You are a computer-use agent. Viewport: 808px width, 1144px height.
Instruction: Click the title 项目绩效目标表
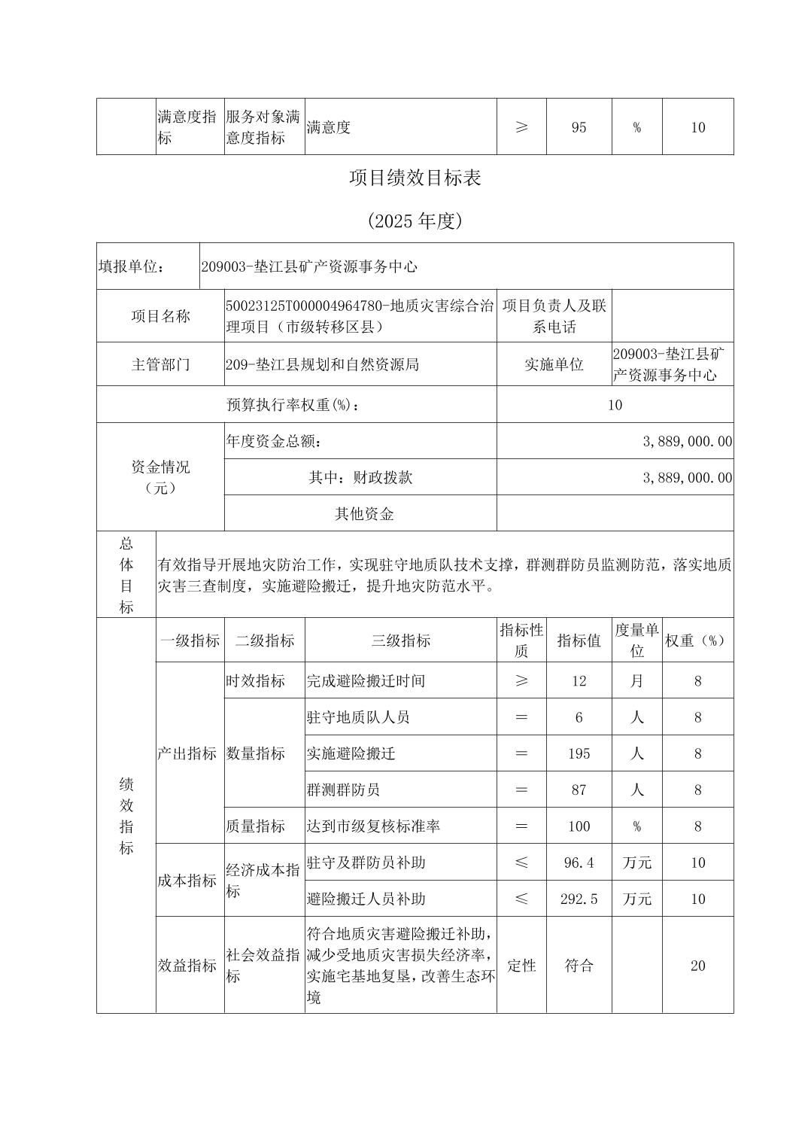click(x=415, y=178)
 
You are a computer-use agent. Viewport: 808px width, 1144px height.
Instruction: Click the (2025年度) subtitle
click(x=415, y=221)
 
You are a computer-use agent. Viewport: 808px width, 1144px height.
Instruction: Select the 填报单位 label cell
click(x=132, y=266)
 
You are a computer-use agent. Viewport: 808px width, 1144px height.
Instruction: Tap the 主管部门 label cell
click(x=160, y=365)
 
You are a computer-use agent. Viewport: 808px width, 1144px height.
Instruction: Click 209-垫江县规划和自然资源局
click(x=322, y=365)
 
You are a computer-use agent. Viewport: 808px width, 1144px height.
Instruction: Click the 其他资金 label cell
click(x=364, y=514)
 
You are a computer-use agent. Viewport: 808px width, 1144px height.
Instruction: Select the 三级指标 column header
click(x=400, y=640)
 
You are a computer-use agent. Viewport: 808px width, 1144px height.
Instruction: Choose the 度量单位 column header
click(x=636, y=640)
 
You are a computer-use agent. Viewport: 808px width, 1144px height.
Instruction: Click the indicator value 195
click(x=579, y=753)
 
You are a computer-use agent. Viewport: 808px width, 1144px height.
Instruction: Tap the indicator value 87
click(x=579, y=790)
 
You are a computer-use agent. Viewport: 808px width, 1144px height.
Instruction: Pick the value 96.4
click(x=579, y=863)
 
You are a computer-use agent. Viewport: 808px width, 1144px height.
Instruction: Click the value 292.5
click(x=579, y=899)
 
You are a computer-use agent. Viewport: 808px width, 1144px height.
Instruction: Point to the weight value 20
click(x=697, y=966)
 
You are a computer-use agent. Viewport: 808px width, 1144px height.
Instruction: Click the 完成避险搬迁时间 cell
click(x=366, y=681)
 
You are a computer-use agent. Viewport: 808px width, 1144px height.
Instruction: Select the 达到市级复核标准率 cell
click(x=373, y=826)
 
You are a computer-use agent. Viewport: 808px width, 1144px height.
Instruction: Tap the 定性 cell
click(x=521, y=966)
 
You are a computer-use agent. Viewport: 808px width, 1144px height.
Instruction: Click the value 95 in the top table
click(x=579, y=127)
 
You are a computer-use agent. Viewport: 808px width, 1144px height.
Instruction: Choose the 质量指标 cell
click(x=256, y=826)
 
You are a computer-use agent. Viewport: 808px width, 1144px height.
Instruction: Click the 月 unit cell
click(x=636, y=681)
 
